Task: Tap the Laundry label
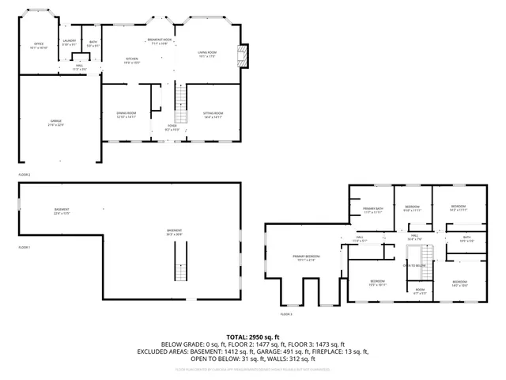(70, 42)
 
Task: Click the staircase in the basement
(181, 262)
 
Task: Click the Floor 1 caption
(25, 248)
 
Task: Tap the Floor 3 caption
(285, 314)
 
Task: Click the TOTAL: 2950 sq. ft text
(253, 337)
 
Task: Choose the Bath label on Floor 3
(466, 238)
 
